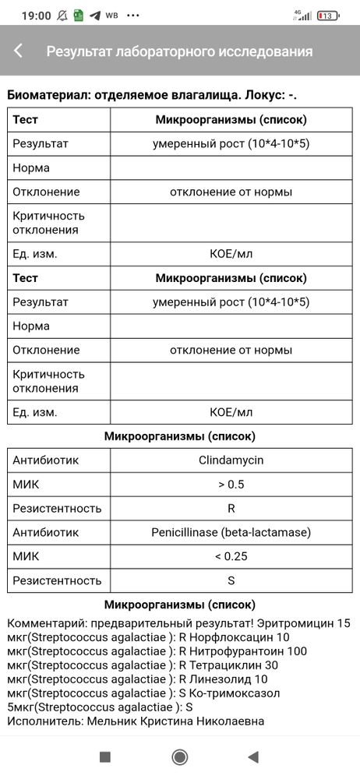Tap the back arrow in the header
click(x=19, y=51)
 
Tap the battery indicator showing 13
click(x=328, y=16)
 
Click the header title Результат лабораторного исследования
click(x=179, y=51)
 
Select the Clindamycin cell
click(x=231, y=460)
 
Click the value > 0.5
click(x=231, y=485)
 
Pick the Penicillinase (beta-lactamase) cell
click(x=231, y=532)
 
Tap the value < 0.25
click(x=231, y=556)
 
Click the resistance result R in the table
click(x=231, y=509)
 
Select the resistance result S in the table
click(x=231, y=580)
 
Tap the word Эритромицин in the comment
click(x=300, y=623)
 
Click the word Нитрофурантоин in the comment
click(x=243, y=651)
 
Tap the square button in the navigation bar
click(x=106, y=756)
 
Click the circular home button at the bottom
click(x=180, y=756)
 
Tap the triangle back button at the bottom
click(x=252, y=756)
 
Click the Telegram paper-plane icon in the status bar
click(x=94, y=16)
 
